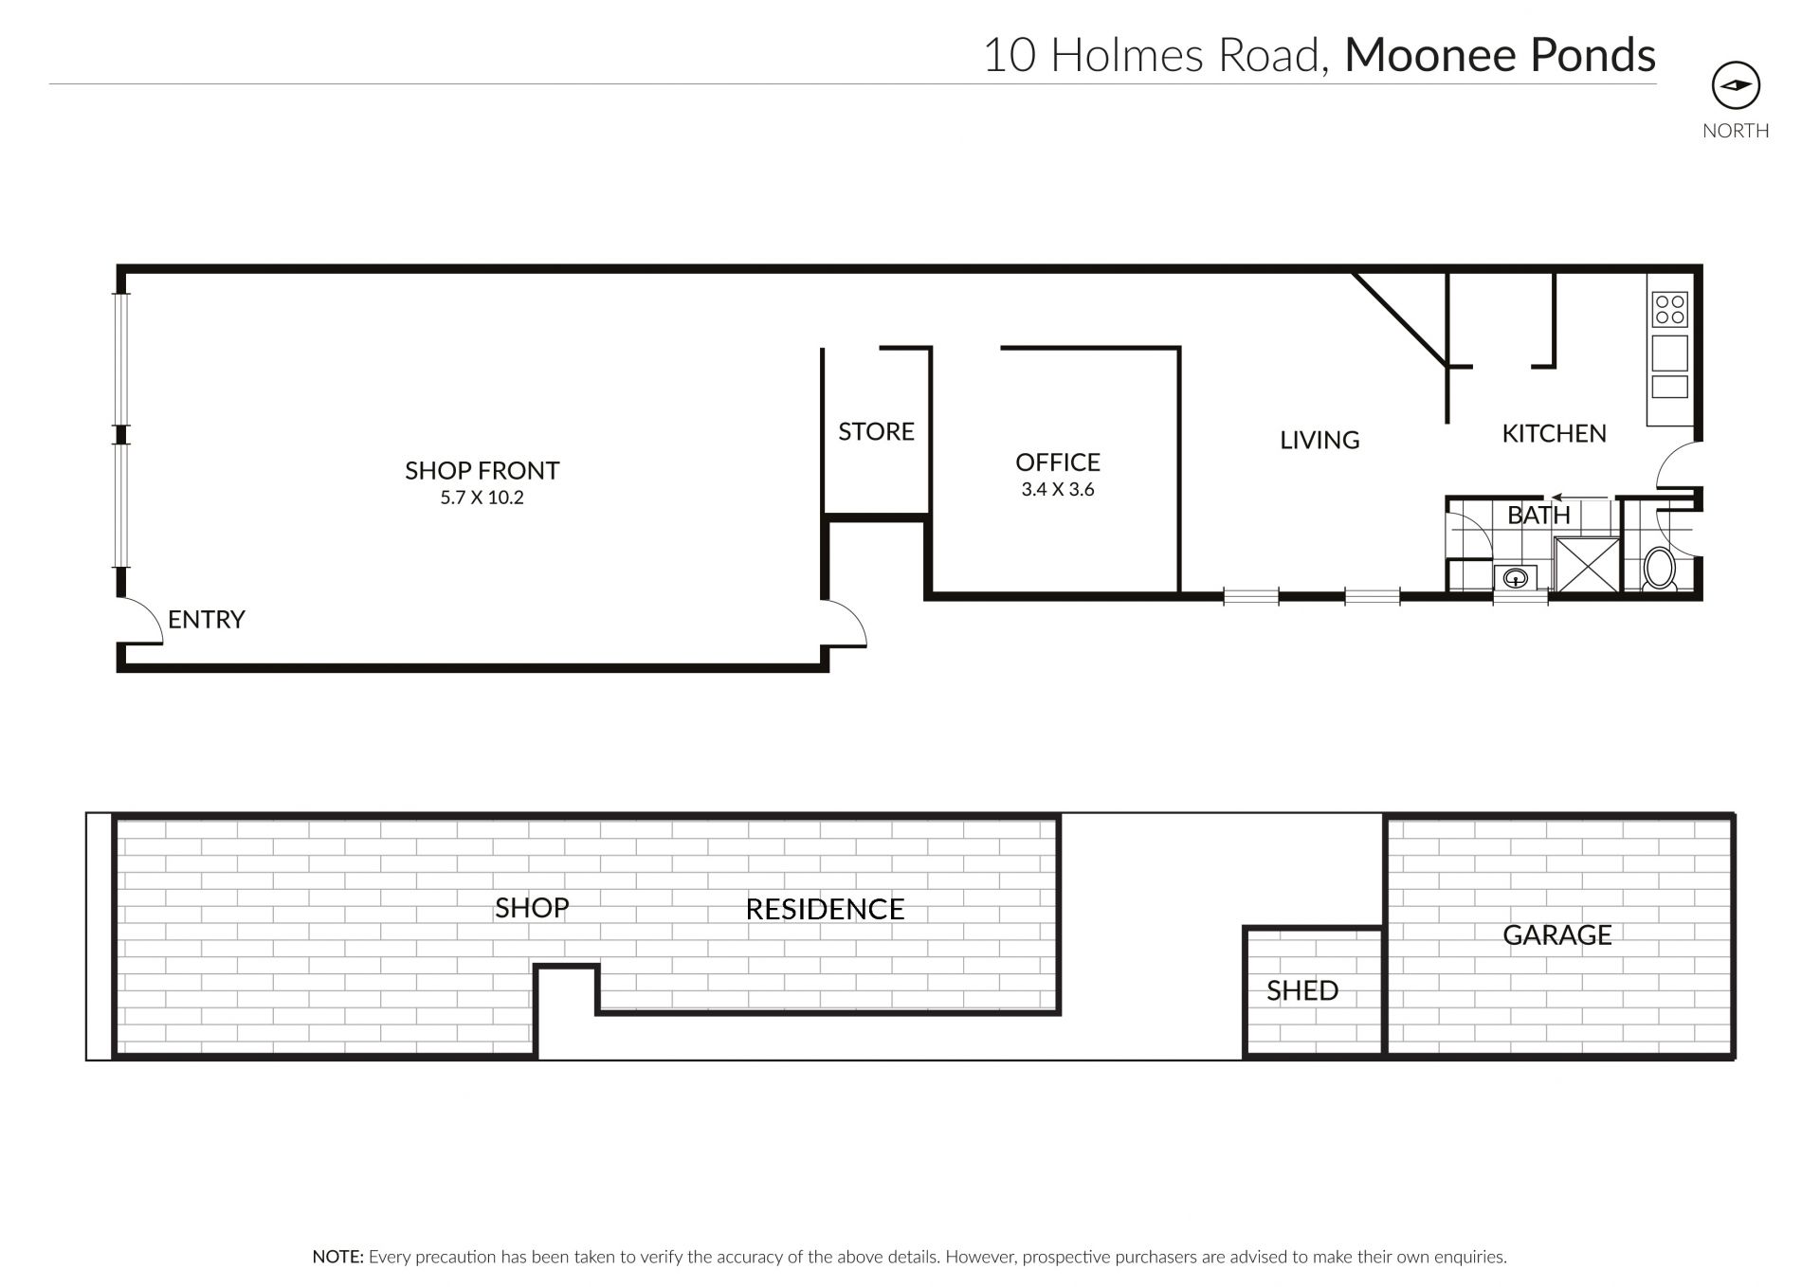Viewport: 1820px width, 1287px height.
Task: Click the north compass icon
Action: (x=1736, y=86)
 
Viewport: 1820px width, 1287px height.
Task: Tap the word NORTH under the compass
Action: (x=1736, y=131)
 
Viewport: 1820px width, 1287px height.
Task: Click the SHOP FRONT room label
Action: (x=482, y=470)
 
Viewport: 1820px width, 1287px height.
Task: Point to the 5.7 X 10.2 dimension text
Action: (x=482, y=498)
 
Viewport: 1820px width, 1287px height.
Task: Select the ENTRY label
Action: (x=207, y=619)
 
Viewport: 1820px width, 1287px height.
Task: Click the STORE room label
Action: (x=876, y=431)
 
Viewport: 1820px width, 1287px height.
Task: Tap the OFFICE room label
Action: (x=1058, y=462)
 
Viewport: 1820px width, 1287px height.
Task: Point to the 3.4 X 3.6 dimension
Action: (x=1058, y=490)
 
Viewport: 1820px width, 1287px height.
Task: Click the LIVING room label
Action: (x=1319, y=440)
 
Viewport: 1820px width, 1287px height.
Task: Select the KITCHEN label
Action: (x=1554, y=433)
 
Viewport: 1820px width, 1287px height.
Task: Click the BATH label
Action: (x=1538, y=515)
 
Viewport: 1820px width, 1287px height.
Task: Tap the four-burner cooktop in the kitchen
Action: (x=1669, y=309)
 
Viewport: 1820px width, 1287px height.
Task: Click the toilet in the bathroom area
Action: (x=1660, y=569)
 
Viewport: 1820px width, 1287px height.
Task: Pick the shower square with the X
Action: (x=1584, y=564)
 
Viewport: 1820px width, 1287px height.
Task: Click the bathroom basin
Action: (x=1516, y=576)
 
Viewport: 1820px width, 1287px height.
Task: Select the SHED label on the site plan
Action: (x=1302, y=990)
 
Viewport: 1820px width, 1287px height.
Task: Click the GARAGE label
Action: (x=1557, y=934)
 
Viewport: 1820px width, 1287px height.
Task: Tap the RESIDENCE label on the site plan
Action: (x=825, y=909)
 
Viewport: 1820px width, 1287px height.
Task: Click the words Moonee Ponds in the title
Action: (x=1500, y=55)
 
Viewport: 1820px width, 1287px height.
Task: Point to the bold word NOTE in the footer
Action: (x=337, y=1257)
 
